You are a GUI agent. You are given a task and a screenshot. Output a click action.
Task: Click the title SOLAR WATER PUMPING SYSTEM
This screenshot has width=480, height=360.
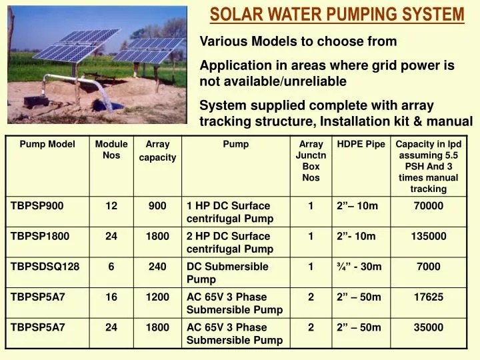coord(337,14)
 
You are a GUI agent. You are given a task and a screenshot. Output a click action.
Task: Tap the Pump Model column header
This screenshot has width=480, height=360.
coord(47,144)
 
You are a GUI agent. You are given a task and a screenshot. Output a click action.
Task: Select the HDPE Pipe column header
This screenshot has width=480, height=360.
coord(361,144)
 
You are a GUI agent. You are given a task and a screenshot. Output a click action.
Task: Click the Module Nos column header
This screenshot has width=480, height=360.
coord(111,149)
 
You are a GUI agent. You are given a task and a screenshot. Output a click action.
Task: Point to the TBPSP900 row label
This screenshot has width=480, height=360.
coord(37,206)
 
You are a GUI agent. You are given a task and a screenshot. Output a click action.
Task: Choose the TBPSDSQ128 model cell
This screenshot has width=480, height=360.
coord(45,267)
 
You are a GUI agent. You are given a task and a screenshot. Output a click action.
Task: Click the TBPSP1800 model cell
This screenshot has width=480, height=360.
coord(40,237)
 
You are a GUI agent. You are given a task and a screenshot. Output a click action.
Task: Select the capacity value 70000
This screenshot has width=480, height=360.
coord(428,206)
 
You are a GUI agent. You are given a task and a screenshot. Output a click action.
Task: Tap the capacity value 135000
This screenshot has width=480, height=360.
coord(428,237)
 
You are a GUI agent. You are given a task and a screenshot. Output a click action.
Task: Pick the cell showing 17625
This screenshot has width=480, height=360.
coord(428,297)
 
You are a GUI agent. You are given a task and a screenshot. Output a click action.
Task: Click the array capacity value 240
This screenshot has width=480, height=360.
coord(157,267)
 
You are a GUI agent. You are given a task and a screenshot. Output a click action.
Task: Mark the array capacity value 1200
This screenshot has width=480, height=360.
coord(157,297)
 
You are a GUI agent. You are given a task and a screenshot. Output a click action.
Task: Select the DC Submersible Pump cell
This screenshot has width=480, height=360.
coord(227,273)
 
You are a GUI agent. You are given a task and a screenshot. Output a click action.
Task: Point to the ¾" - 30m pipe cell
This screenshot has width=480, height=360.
coord(359,267)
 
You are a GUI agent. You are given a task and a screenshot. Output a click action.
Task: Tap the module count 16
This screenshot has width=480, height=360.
coord(111,297)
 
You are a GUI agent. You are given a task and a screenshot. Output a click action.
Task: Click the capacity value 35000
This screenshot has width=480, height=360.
coord(428,327)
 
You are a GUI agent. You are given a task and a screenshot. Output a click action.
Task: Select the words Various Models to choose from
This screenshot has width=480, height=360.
coord(298,41)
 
